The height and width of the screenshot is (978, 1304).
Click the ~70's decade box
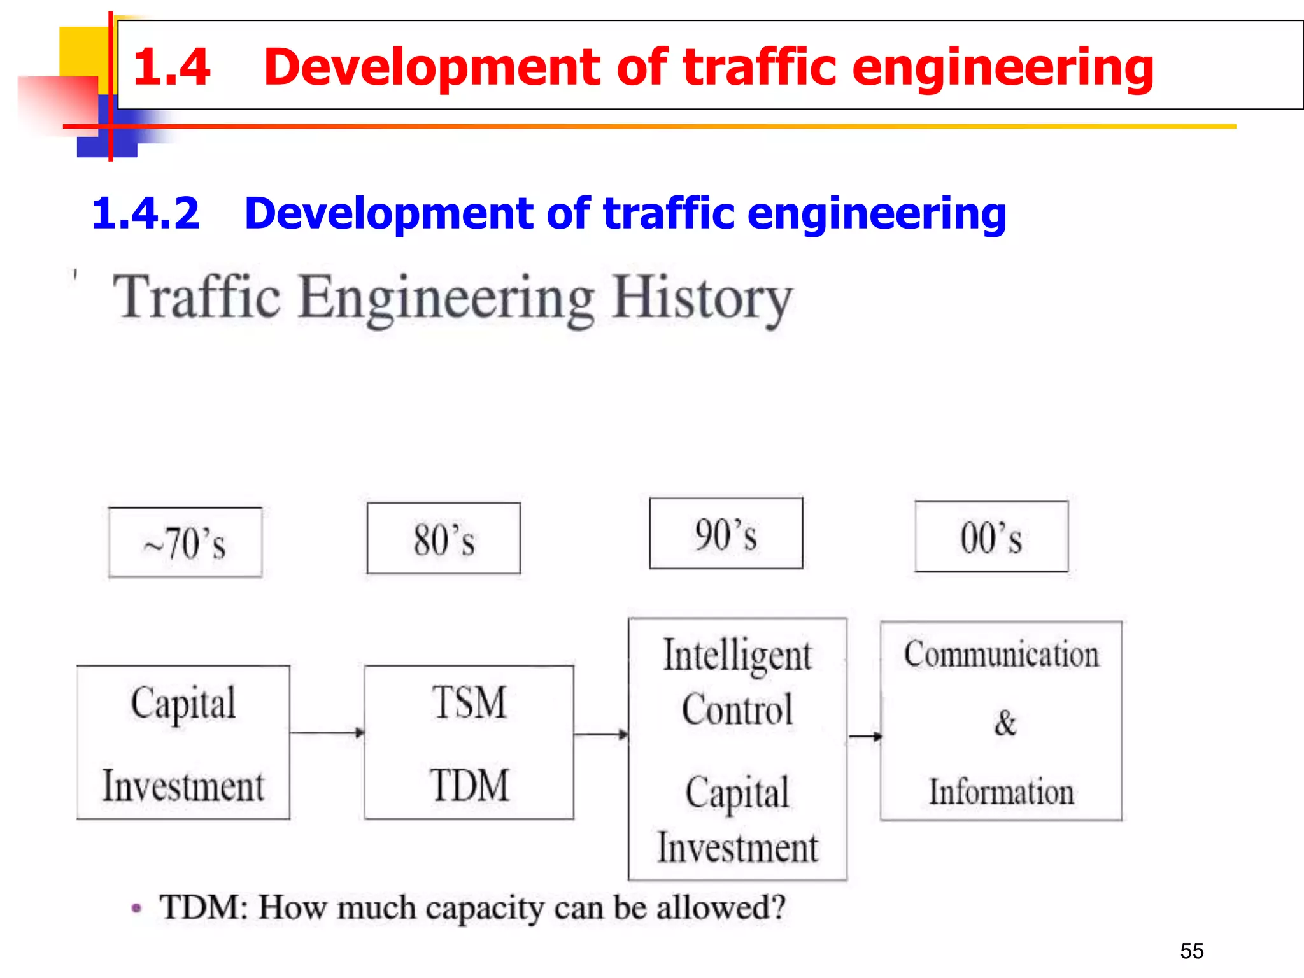185,542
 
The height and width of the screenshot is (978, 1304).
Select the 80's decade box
444,539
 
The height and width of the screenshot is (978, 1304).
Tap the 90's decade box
726,534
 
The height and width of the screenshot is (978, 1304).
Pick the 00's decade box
991,537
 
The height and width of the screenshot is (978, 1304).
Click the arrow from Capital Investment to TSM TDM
327,733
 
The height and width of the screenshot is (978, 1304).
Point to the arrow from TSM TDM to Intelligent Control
600,735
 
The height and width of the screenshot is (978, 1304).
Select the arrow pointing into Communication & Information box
865,737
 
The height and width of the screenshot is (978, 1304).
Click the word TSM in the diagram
470,702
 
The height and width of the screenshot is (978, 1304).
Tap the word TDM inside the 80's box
470,785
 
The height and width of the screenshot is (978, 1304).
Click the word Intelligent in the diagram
737,656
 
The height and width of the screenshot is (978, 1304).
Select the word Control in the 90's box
737,709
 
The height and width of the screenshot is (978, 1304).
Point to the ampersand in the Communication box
1005,723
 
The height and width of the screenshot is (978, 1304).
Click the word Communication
1002,655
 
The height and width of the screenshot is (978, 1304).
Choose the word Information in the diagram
1002,792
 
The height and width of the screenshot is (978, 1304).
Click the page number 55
1192,951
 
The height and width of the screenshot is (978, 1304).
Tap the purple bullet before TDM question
136,908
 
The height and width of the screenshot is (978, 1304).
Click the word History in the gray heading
702,298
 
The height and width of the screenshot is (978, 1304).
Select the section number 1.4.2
145,213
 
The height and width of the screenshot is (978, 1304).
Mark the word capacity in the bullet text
485,908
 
